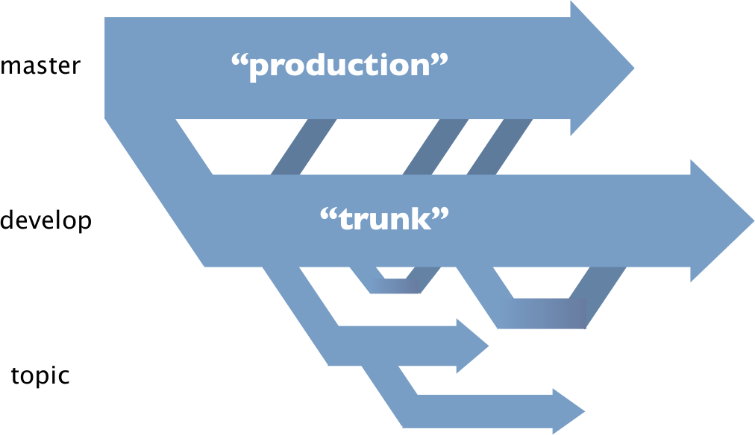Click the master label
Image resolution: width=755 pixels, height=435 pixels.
[40, 66]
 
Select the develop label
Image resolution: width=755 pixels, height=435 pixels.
[46, 220]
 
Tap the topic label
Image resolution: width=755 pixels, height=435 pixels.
[40, 375]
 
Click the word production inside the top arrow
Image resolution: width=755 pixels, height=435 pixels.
[339, 66]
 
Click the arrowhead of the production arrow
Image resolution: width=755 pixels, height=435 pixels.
[602, 69]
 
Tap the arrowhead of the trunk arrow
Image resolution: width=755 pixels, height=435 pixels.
[721, 220]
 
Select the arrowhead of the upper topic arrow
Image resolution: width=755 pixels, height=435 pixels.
[472, 346]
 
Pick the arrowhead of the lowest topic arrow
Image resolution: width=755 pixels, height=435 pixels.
[568, 411]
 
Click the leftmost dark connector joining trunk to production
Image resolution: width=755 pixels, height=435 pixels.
[304, 147]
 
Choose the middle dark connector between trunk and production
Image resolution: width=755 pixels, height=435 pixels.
[435, 147]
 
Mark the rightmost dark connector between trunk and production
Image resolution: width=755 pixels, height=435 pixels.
[500, 147]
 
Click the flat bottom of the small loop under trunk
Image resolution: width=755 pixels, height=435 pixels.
[395, 286]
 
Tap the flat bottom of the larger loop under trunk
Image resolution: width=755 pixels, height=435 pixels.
[542, 314]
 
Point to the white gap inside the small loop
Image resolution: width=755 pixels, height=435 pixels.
[395, 272]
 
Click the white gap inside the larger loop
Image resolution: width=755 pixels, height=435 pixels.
[541, 282]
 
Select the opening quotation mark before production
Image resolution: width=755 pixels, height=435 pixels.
[239, 60]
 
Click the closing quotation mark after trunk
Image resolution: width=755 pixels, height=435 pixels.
[440, 215]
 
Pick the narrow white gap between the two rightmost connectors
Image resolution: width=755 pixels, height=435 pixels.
[468, 147]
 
